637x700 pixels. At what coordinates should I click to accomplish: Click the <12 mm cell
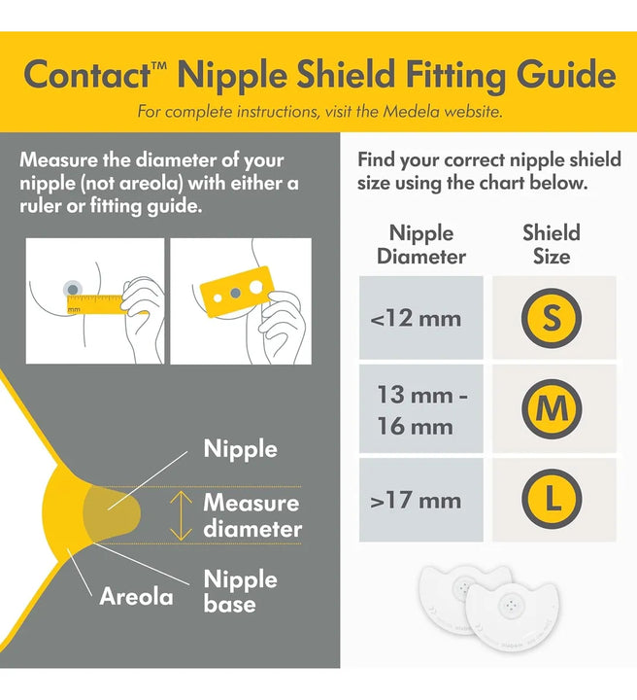point(421,317)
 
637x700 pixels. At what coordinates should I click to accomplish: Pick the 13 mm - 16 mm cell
point(421,409)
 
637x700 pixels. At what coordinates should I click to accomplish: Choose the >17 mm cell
point(421,500)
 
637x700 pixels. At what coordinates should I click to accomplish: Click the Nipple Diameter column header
point(421,245)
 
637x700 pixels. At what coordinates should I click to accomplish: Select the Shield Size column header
point(552,245)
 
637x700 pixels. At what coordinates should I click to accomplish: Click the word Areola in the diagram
point(136,596)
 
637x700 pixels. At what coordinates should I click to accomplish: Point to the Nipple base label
point(240,591)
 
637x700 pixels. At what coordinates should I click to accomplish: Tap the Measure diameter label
point(252,515)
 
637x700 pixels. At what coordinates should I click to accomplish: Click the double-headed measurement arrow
point(181,515)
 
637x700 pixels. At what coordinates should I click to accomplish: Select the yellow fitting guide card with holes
point(237,292)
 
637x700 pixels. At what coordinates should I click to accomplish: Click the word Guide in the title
point(566,75)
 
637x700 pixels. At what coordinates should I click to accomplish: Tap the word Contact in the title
point(87,75)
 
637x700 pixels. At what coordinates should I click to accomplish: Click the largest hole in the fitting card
point(256,287)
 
